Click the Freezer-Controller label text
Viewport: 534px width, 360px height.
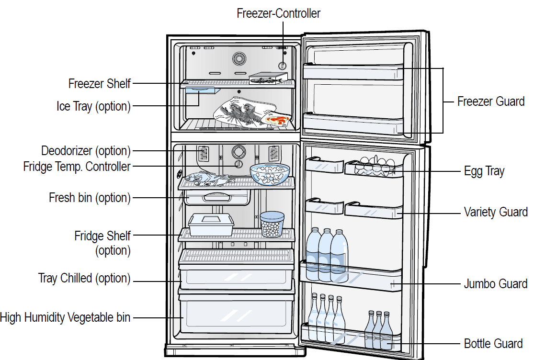279,13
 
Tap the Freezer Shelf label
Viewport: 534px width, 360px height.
99,84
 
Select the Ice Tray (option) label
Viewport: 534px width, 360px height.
93,106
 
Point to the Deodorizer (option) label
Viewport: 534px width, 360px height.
86,151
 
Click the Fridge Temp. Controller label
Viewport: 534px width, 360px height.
77,167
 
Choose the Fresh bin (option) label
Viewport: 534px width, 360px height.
90,197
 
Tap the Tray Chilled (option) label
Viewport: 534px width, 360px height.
84,278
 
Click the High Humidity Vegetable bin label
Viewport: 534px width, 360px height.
65,317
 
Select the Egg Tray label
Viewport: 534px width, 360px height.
484,171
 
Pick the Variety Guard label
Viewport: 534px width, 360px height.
496,212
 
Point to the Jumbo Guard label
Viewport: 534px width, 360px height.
496,284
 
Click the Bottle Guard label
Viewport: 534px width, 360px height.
493,344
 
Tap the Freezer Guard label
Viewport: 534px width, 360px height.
491,101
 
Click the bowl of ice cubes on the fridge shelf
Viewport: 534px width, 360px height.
270,174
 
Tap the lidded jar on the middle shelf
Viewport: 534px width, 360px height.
272,225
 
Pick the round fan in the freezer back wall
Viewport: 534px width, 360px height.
239,59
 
